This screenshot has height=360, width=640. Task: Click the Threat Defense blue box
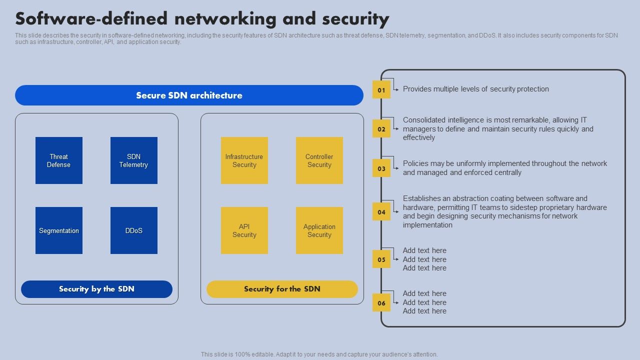(x=59, y=160)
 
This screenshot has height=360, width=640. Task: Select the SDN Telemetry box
(x=134, y=160)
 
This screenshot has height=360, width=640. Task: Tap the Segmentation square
(x=59, y=230)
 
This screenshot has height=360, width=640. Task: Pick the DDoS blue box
(x=134, y=230)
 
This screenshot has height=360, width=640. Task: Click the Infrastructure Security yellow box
(x=244, y=160)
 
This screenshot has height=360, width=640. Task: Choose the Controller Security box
(x=319, y=160)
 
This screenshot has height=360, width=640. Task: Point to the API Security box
(x=244, y=230)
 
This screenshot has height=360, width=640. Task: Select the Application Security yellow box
(x=319, y=230)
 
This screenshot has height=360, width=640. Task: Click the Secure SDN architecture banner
(x=189, y=95)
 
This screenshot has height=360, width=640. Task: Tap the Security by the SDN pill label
(x=96, y=289)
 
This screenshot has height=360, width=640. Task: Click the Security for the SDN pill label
(x=282, y=289)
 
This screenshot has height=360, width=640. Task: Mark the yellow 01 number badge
(x=381, y=90)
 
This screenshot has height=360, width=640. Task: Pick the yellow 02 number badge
(x=381, y=129)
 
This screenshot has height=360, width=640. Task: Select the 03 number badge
(x=381, y=168)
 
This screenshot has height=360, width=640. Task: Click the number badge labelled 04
(x=381, y=212)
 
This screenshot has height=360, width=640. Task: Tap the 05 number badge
(x=381, y=259)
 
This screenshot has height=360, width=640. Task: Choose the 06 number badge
(x=381, y=302)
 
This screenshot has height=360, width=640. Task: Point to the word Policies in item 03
(x=416, y=163)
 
